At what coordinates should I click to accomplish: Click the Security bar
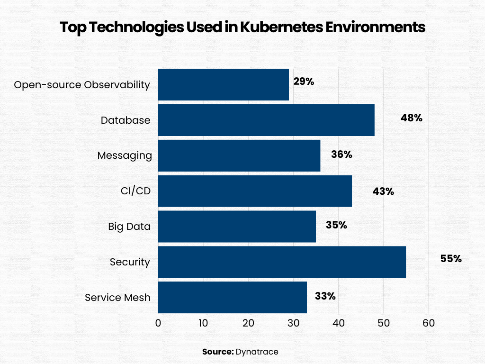click(x=282, y=262)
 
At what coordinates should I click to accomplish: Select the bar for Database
click(x=266, y=120)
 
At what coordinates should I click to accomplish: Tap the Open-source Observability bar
click(x=223, y=84)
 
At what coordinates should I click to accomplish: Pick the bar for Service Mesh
click(x=232, y=297)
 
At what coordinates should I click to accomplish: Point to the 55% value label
click(x=450, y=259)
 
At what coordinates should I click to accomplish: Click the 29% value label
click(x=304, y=81)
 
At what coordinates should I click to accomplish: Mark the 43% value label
click(x=383, y=191)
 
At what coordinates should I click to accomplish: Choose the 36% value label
click(x=341, y=155)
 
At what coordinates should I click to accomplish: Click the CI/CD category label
click(x=135, y=191)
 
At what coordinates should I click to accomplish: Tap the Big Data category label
click(x=129, y=227)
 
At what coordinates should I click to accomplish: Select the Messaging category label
click(x=125, y=155)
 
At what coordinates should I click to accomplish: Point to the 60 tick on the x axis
click(x=429, y=323)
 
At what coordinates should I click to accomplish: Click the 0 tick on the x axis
click(x=158, y=323)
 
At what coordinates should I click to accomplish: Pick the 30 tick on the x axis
click(x=293, y=323)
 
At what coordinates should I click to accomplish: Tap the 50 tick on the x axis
click(x=384, y=323)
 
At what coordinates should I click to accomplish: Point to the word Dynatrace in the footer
click(x=257, y=352)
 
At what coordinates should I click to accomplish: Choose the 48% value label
click(x=411, y=118)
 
